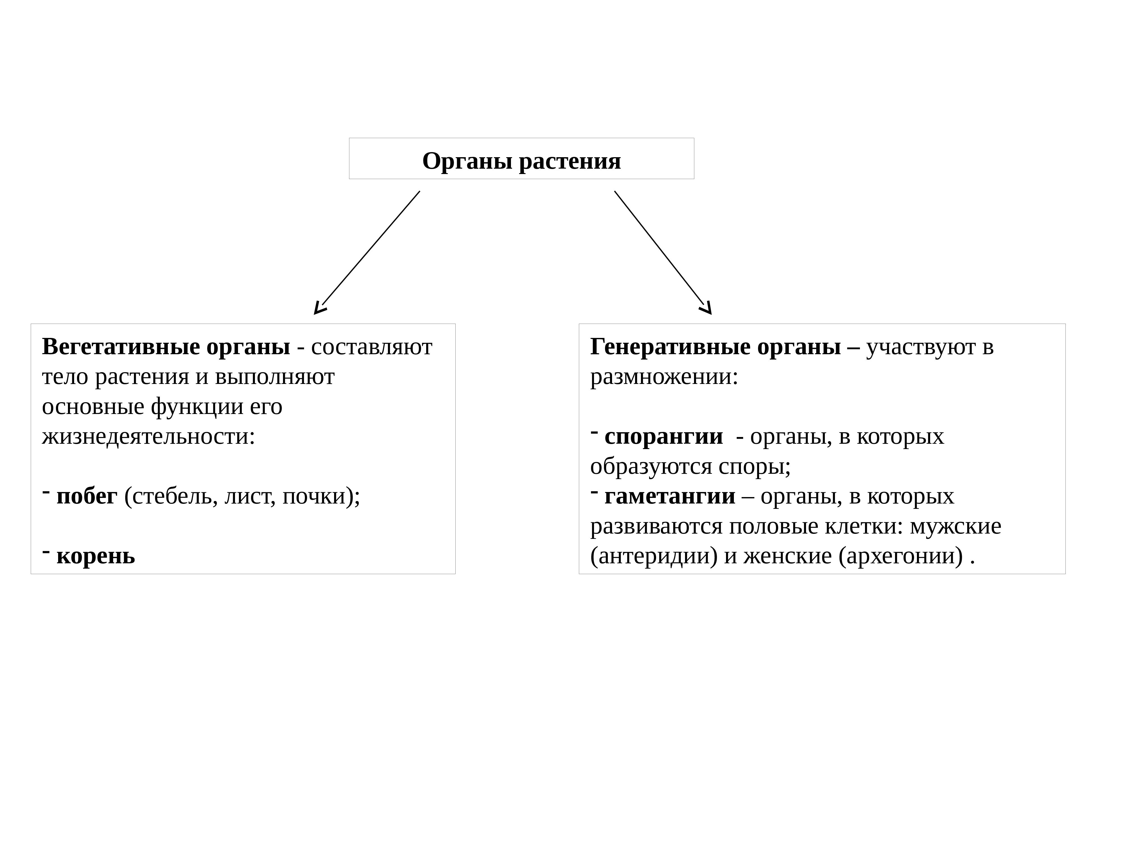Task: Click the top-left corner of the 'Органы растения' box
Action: (x=349, y=138)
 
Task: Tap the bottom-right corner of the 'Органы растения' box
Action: (x=694, y=179)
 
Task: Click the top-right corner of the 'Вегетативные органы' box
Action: (x=455, y=324)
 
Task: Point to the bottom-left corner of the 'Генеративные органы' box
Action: (x=579, y=574)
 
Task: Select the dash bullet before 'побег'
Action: (x=46, y=491)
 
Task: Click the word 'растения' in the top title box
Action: (x=570, y=161)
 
